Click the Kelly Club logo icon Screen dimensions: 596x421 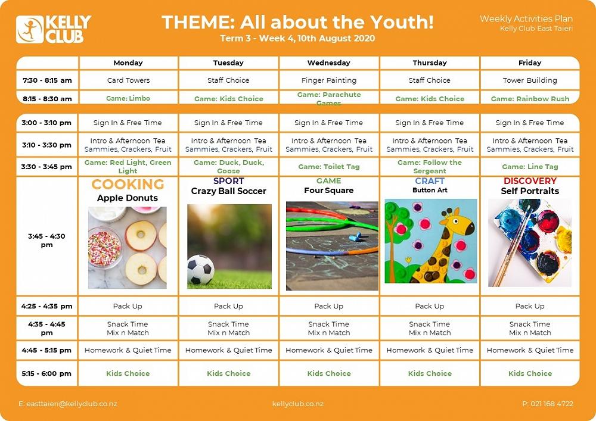click(30, 29)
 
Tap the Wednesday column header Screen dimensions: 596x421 click(329, 63)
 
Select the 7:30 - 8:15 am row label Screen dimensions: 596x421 click(47, 80)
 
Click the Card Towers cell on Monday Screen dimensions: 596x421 click(129, 80)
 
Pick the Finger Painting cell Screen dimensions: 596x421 click(329, 80)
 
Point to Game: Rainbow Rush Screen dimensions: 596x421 click(530, 99)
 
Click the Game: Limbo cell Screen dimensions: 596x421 click(128, 98)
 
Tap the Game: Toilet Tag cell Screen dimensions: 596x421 click(329, 167)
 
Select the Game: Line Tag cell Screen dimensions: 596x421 click(530, 167)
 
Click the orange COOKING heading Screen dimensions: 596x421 click(128, 184)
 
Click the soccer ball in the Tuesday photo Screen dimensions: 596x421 click(201, 270)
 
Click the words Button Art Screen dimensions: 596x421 click(430, 190)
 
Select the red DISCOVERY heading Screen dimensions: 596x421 click(530, 180)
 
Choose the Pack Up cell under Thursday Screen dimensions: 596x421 click(430, 306)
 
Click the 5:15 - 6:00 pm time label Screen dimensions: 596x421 click(46, 373)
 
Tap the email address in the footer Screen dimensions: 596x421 click(68, 404)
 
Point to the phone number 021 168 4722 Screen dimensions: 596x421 click(548, 404)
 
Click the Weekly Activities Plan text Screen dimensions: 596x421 click(526, 18)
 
